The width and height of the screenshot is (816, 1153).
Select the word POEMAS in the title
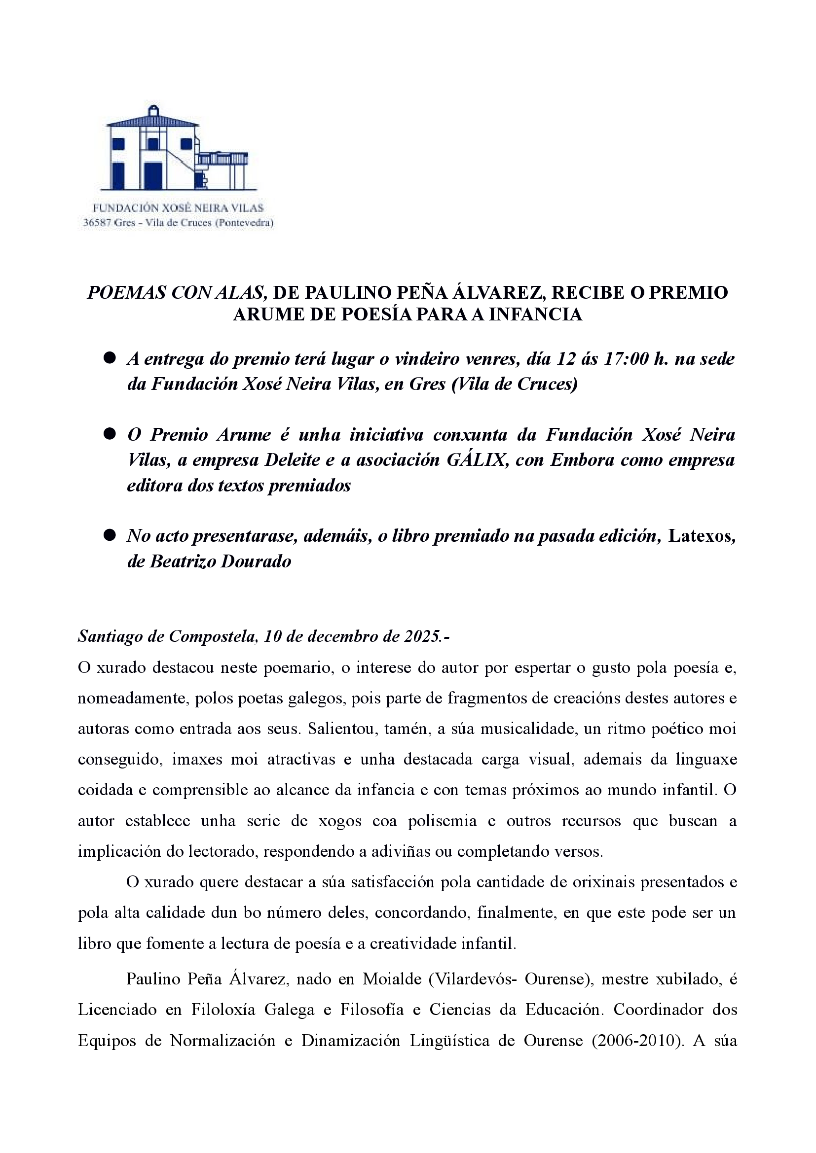(x=127, y=293)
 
